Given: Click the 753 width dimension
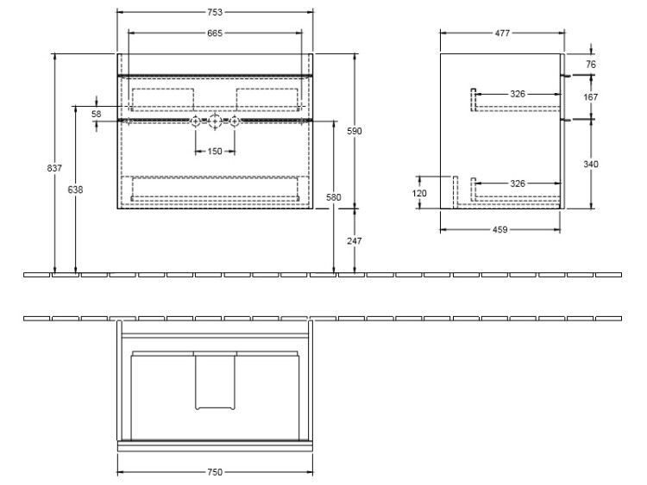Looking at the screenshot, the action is coord(215,12).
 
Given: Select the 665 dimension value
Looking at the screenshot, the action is coord(215,33).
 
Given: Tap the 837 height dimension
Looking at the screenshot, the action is coord(54,168).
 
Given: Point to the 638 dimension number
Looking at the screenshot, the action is coord(75,190).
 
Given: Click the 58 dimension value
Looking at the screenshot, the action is coord(96,114).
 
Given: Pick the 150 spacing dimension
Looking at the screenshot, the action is coord(215,152).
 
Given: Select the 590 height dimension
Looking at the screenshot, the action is coord(355,131).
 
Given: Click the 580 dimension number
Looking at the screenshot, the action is coord(333,197).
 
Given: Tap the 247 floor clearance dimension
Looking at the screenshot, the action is coord(355,240).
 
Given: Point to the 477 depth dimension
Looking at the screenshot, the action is coord(502,34).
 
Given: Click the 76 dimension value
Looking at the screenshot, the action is coord(591,65).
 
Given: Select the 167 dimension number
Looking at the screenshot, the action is coord(591,97).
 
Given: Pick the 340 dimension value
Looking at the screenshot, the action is coord(591,165).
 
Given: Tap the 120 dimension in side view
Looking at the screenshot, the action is coord(419,193).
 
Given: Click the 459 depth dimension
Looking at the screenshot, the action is coord(500,229).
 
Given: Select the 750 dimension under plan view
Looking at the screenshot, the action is coord(215,472).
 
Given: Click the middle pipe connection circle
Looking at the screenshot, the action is coord(215,121).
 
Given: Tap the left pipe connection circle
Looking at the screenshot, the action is coord(195,121).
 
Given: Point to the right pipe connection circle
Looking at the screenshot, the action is coord(235,121).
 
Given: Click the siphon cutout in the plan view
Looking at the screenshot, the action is coord(215,382).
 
